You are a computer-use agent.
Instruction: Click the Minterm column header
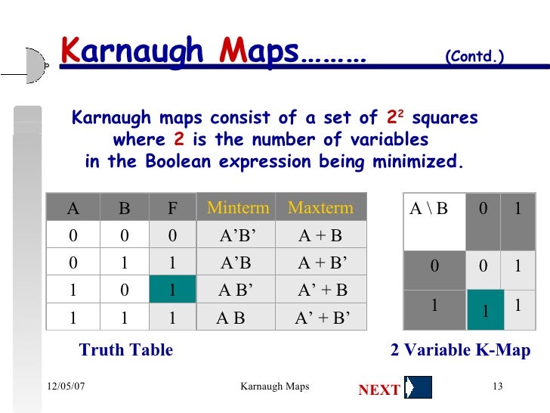[x=238, y=208]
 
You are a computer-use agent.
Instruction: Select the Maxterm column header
[x=320, y=208]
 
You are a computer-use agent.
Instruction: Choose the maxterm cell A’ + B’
[x=323, y=318]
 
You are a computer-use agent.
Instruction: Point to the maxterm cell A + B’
[x=323, y=262]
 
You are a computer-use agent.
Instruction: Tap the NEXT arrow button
[x=418, y=387]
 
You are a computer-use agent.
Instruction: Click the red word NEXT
[x=379, y=390]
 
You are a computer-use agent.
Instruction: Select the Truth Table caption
[x=126, y=350]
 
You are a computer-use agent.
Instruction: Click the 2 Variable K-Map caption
[x=459, y=350]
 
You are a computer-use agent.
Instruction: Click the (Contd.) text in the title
[x=474, y=57]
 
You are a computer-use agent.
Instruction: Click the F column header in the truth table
[x=172, y=208]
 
